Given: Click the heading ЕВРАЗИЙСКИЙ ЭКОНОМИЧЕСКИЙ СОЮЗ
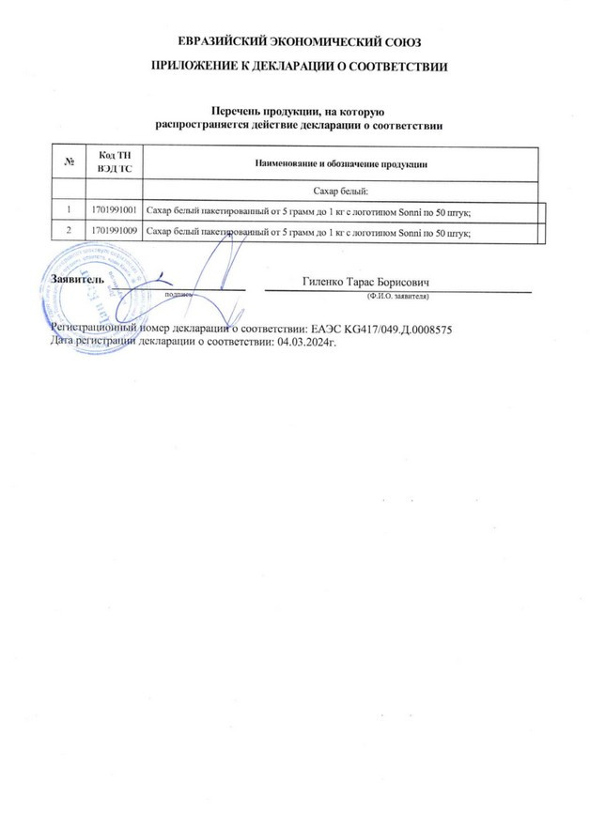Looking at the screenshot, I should [294, 43].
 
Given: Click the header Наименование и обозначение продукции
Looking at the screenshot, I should [341, 163].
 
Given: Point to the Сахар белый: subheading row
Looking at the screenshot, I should [341, 190].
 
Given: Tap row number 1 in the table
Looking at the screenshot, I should [70, 209].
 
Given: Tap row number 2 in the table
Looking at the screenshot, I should [70, 230].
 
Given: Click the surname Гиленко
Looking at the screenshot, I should [325, 281].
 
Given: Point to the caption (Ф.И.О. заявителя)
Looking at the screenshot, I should [397, 295].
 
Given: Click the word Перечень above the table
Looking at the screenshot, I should [238, 112].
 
